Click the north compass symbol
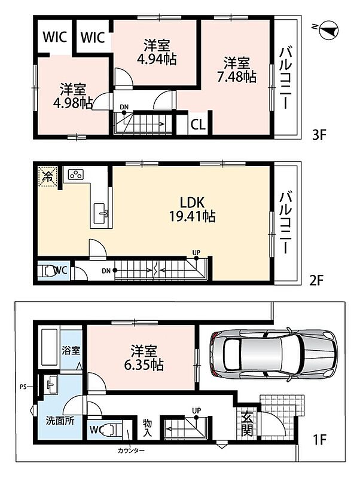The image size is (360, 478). click(329, 29)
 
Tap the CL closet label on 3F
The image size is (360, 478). click(198, 125)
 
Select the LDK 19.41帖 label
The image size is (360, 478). click(192, 210)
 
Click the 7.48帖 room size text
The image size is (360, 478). click(236, 77)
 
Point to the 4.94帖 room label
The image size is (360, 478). click(157, 59)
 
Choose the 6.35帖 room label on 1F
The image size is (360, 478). click(144, 364)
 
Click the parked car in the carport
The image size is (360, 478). click(273, 354)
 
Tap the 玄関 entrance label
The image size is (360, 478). click(247, 424)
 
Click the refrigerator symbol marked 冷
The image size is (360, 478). click(48, 176)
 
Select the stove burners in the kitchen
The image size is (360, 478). click(75, 174)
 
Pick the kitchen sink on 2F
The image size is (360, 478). click(100, 213)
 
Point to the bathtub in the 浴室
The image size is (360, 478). click(49, 348)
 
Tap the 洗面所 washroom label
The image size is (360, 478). click(60, 421)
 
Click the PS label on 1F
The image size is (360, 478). click(23, 387)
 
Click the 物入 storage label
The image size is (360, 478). click(148, 427)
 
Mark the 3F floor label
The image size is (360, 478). click(319, 134)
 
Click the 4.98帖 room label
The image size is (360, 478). click(72, 96)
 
